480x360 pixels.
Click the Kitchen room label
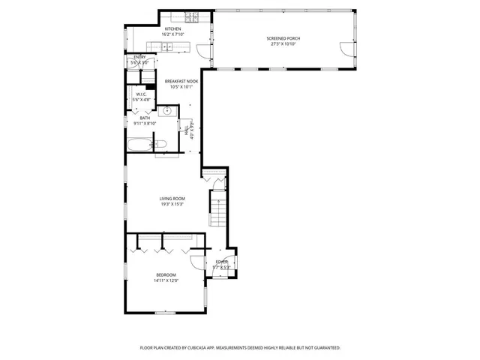172,29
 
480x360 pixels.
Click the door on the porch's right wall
345,49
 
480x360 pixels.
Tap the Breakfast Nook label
181,81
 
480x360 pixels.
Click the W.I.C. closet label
141,94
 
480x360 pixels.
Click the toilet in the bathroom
160,144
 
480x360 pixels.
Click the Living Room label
172,199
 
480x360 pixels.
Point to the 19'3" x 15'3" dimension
172,204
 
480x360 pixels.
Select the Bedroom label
166,276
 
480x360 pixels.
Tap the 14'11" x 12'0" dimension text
166,281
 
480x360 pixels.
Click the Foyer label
221,262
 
